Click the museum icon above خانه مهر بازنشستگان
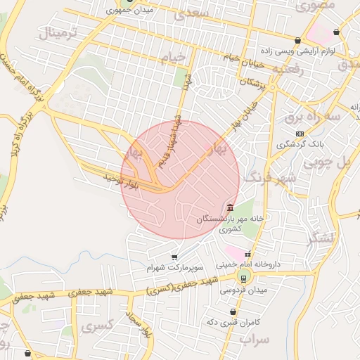231,207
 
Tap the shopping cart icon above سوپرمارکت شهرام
174,257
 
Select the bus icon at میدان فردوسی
243,278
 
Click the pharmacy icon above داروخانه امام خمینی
247,255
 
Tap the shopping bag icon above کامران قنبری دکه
233,311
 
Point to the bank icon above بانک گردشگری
300,133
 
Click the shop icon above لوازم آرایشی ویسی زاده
298,41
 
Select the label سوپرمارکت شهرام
174,268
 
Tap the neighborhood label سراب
255,339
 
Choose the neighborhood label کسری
96,326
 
